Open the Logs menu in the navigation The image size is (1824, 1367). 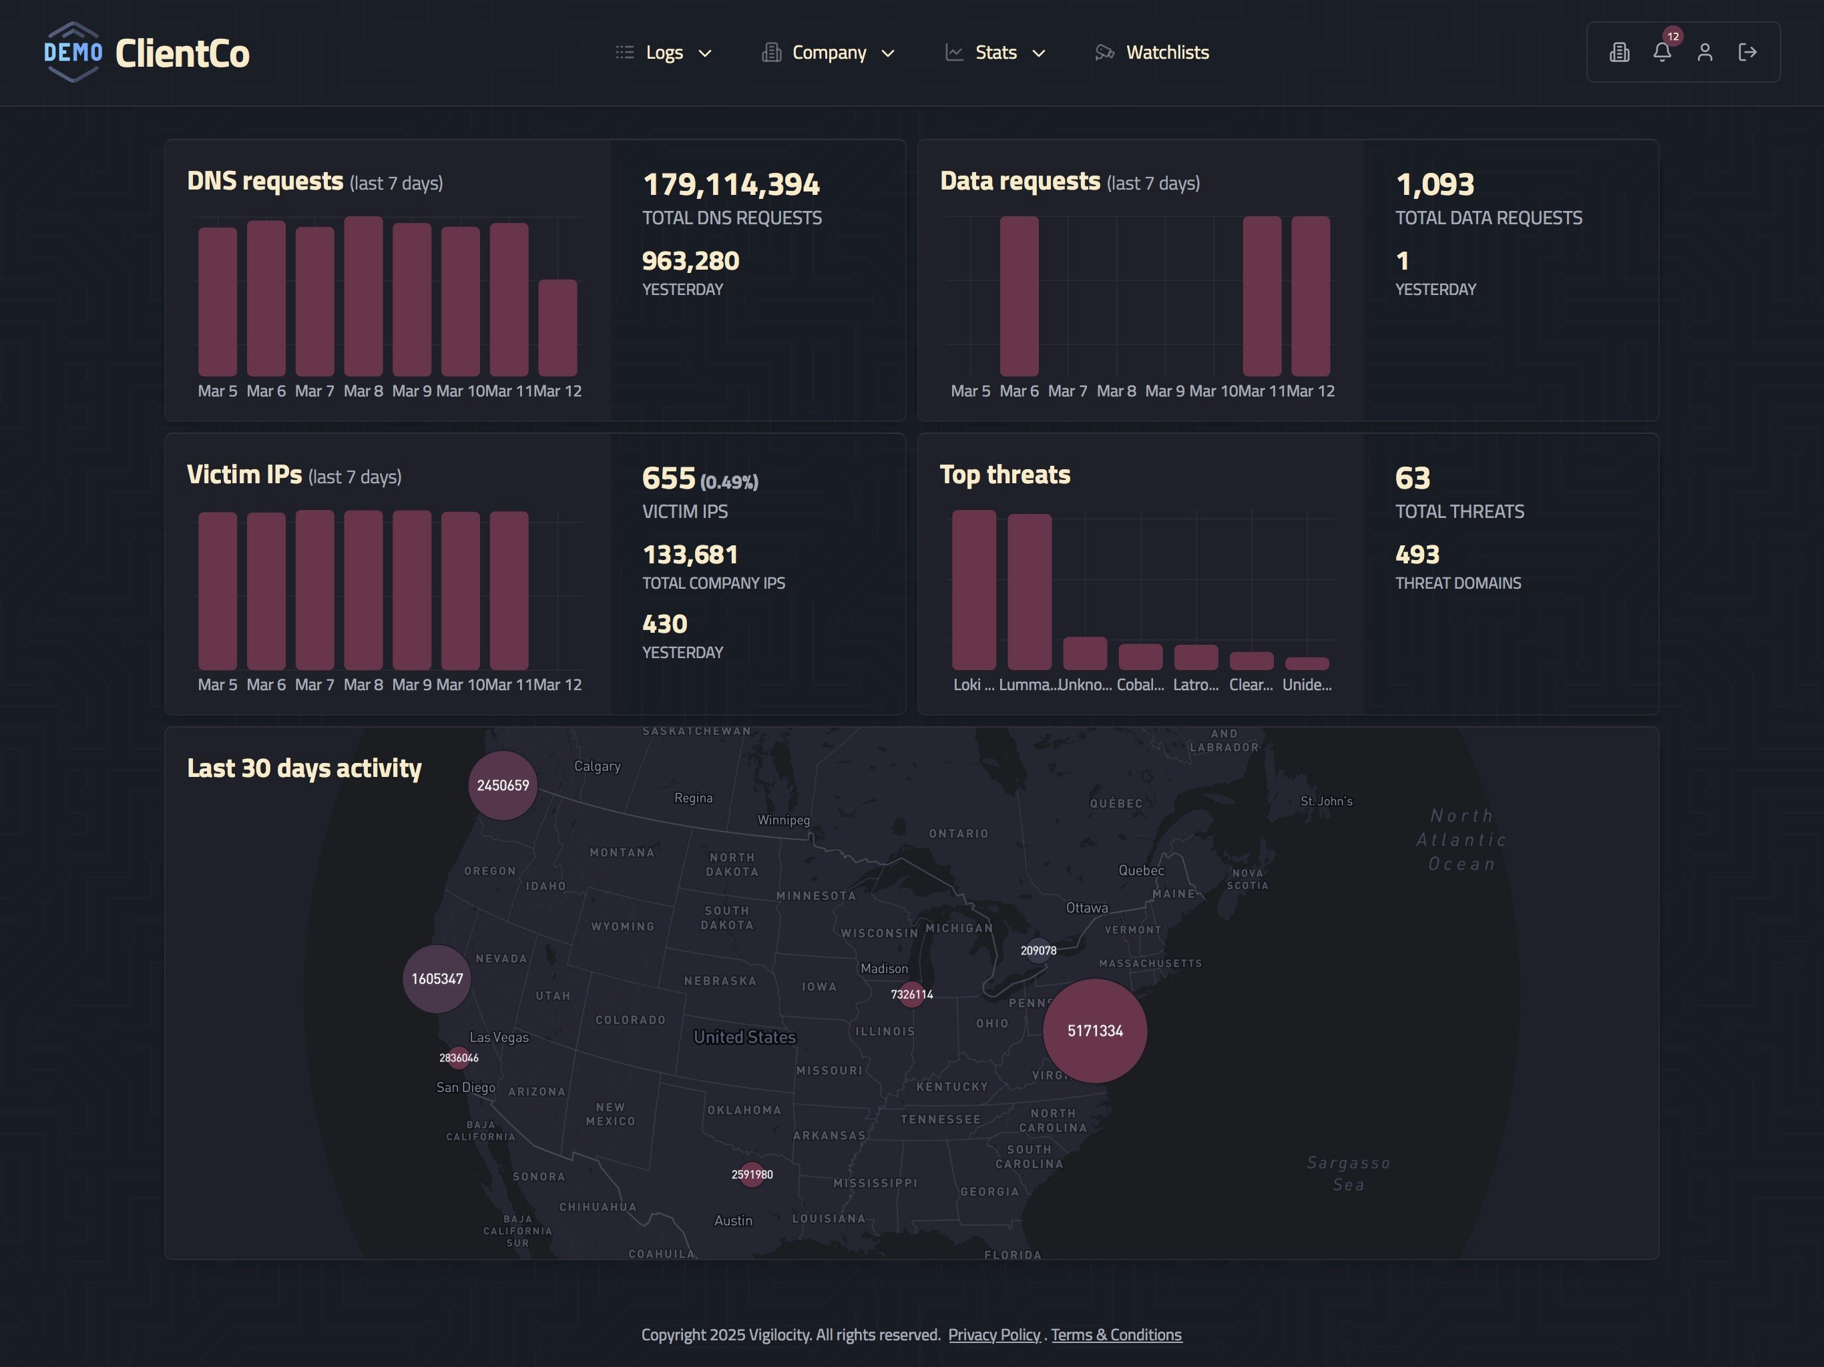(664, 53)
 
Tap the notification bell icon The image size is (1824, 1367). (1662, 53)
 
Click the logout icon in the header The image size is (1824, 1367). (1747, 53)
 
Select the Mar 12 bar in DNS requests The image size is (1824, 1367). (557, 328)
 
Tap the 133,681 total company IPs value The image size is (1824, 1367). (690, 555)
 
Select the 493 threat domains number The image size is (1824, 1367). (1417, 555)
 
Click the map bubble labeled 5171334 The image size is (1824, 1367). (1094, 1031)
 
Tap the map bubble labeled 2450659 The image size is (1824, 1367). (502, 785)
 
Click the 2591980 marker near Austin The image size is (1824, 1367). (751, 1174)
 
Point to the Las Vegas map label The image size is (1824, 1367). (499, 1037)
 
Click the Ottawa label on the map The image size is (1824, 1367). (1087, 908)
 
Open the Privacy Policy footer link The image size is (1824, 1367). (993, 1335)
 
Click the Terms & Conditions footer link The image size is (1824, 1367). (1116, 1335)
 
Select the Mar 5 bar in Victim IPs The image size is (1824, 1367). (217, 590)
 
